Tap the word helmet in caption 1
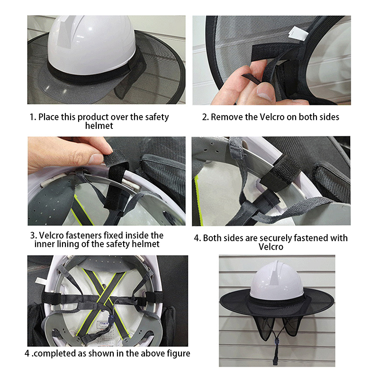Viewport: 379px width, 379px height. (99, 126)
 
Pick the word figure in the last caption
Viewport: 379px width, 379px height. (179, 353)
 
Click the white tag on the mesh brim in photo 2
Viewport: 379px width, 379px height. (297, 33)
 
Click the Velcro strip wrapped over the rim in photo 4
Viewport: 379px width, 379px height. (281, 173)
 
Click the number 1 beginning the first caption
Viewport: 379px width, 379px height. (32, 117)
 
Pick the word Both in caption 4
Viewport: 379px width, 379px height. (212, 238)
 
